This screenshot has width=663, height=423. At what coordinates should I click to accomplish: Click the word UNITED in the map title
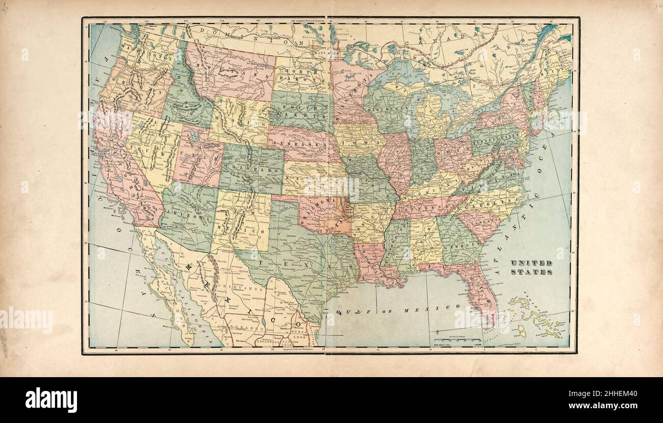point(531,263)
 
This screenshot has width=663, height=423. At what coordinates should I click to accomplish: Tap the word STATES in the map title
point(531,272)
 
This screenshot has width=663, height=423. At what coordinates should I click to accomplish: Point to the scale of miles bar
point(457,340)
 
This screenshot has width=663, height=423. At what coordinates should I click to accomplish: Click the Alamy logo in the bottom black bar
point(51,400)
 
